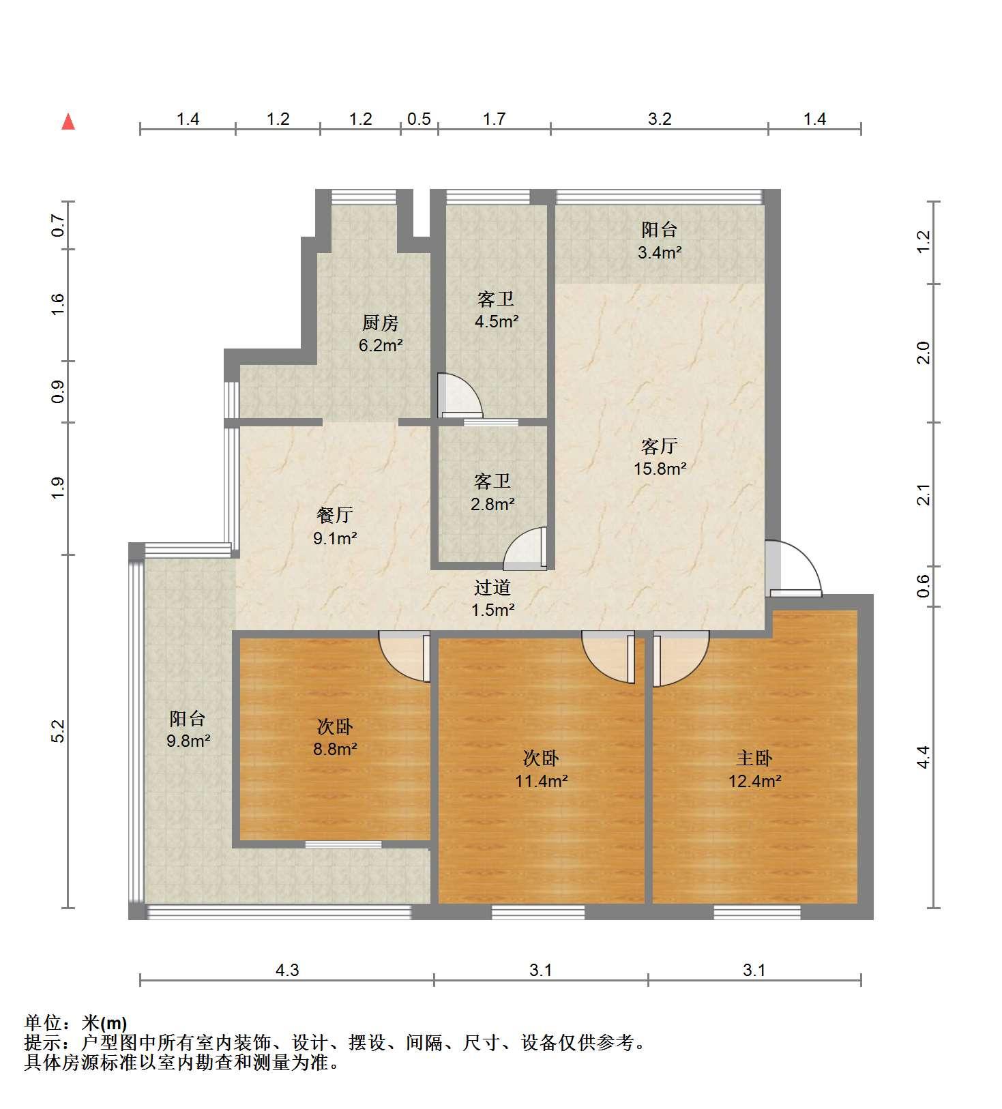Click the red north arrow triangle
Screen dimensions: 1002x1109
coord(68,121)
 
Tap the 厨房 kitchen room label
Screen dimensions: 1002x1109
coord(380,323)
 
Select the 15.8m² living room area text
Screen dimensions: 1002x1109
coord(660,469)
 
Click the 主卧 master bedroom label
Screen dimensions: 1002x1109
coord(754,758)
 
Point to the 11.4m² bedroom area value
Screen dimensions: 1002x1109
coord(541,781)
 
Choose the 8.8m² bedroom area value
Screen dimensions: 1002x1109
coord(335,750)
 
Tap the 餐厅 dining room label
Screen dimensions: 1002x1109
coord(334,515)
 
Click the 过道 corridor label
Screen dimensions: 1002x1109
coord(492,587)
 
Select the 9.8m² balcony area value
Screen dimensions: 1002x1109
coord(188,741)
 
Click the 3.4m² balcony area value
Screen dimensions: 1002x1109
coord(660,253)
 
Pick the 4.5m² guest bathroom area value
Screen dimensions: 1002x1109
coord(496,321)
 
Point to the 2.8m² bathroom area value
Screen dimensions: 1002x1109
coord(492,505)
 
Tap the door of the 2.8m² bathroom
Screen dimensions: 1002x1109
coord(525,548)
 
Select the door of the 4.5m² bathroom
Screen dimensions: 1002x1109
coord(460,394)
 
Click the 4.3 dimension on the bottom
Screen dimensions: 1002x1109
coord(287,969)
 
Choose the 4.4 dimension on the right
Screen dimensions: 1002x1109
coord(923,757)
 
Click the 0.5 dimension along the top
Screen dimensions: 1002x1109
coord(419,119)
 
